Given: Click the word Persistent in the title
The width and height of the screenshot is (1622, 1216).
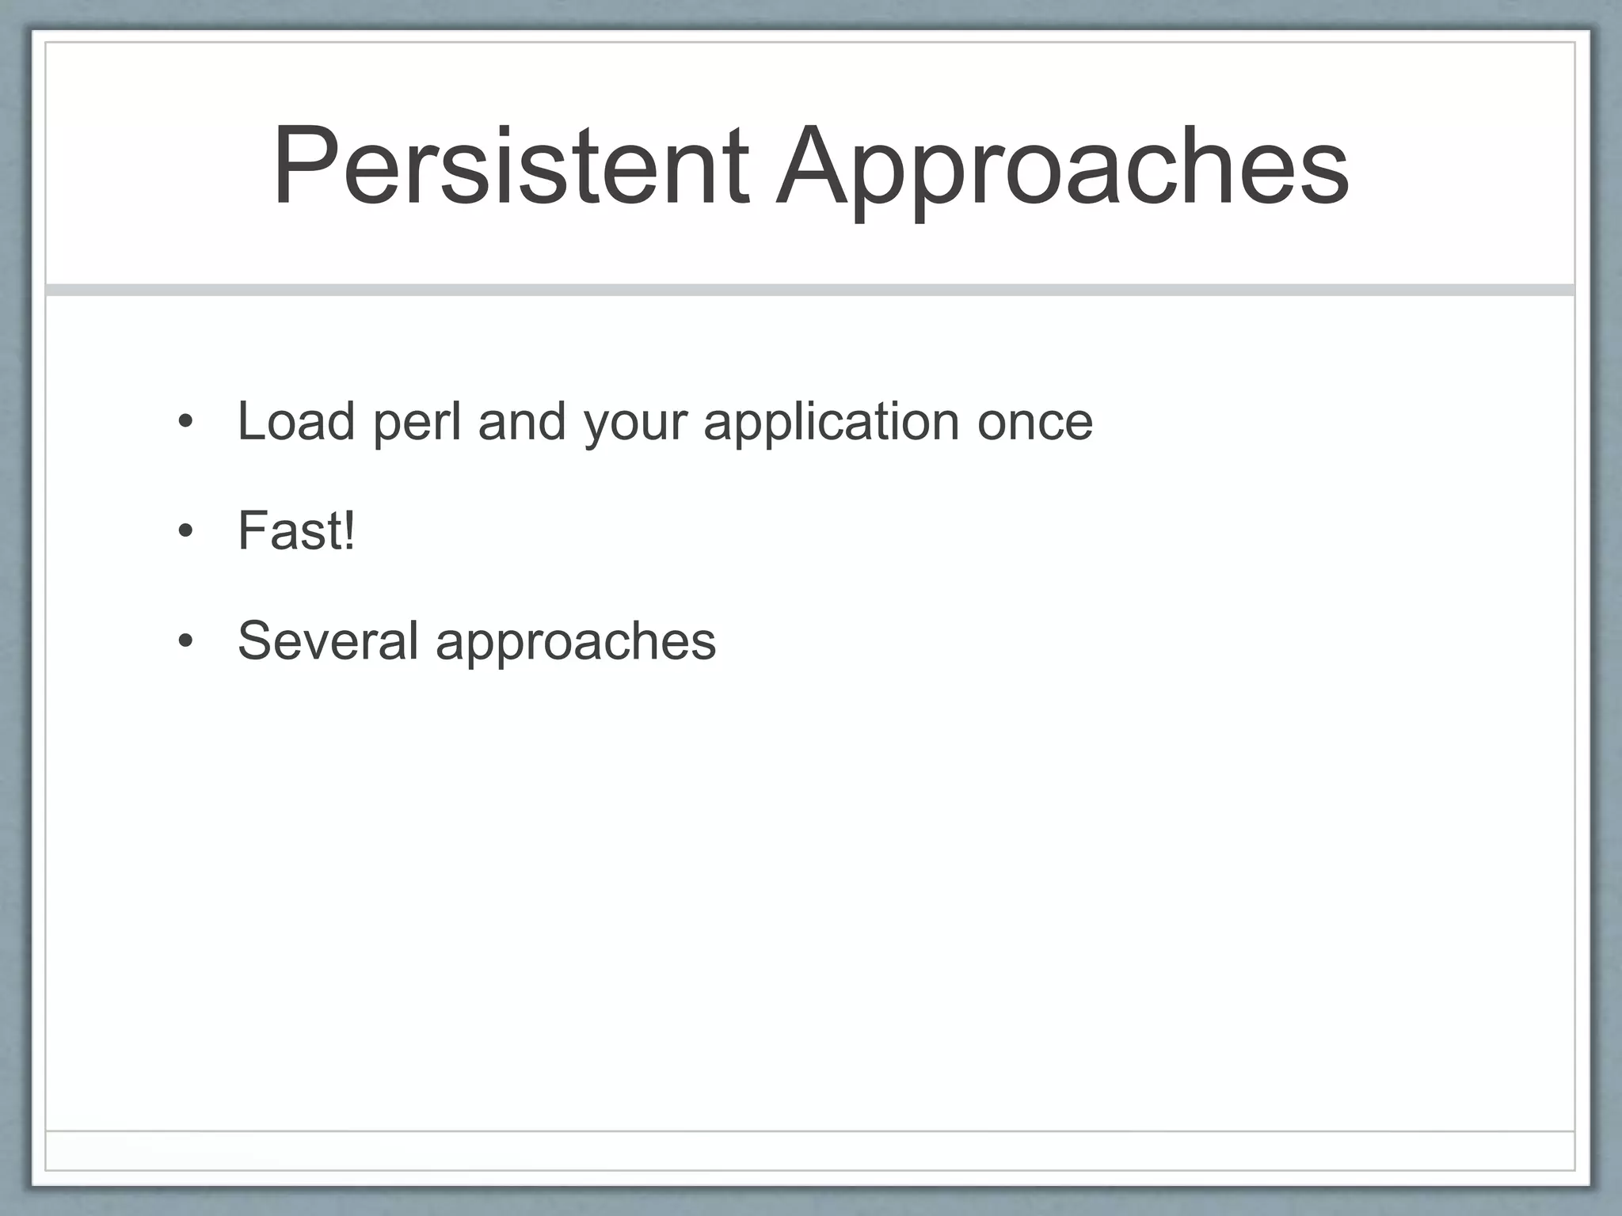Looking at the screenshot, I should click(511, 168).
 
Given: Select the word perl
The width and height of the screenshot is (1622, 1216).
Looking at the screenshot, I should click(417, 424).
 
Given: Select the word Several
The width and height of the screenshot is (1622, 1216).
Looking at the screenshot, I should click(328, 640).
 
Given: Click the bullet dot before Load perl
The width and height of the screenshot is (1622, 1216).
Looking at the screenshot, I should click(185, 423).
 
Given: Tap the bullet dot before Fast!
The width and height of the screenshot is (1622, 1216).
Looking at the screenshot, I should click(185, 532).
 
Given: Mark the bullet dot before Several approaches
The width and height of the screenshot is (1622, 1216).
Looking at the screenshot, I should click(185, 641).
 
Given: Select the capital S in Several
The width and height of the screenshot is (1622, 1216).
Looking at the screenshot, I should click(255, 640).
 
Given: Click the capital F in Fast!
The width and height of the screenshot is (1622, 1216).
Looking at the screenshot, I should click(253, 530).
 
